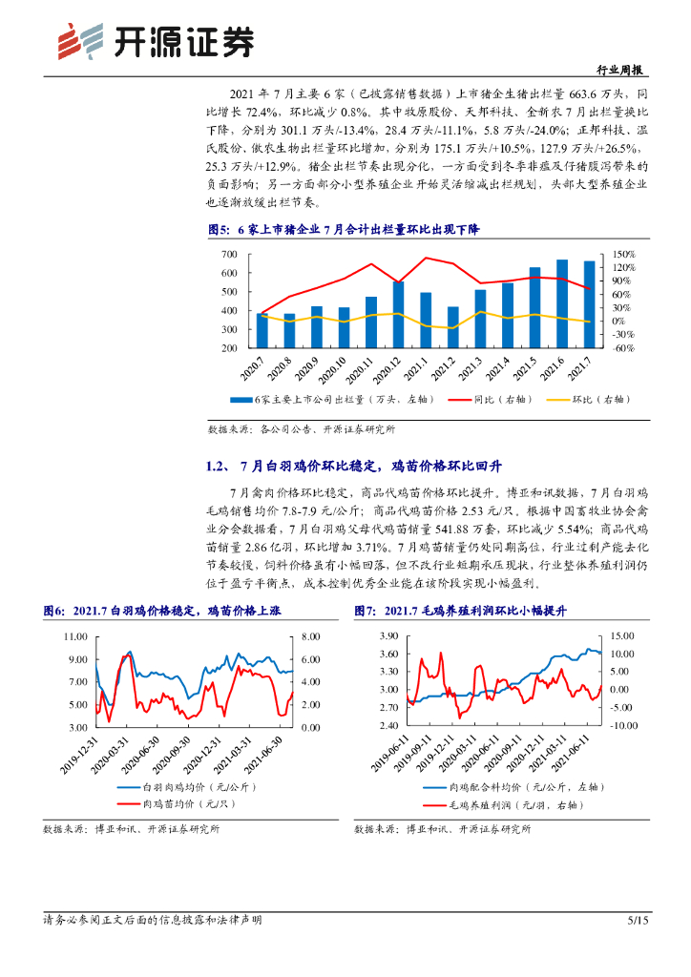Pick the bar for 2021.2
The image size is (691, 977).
click(453, 327)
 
